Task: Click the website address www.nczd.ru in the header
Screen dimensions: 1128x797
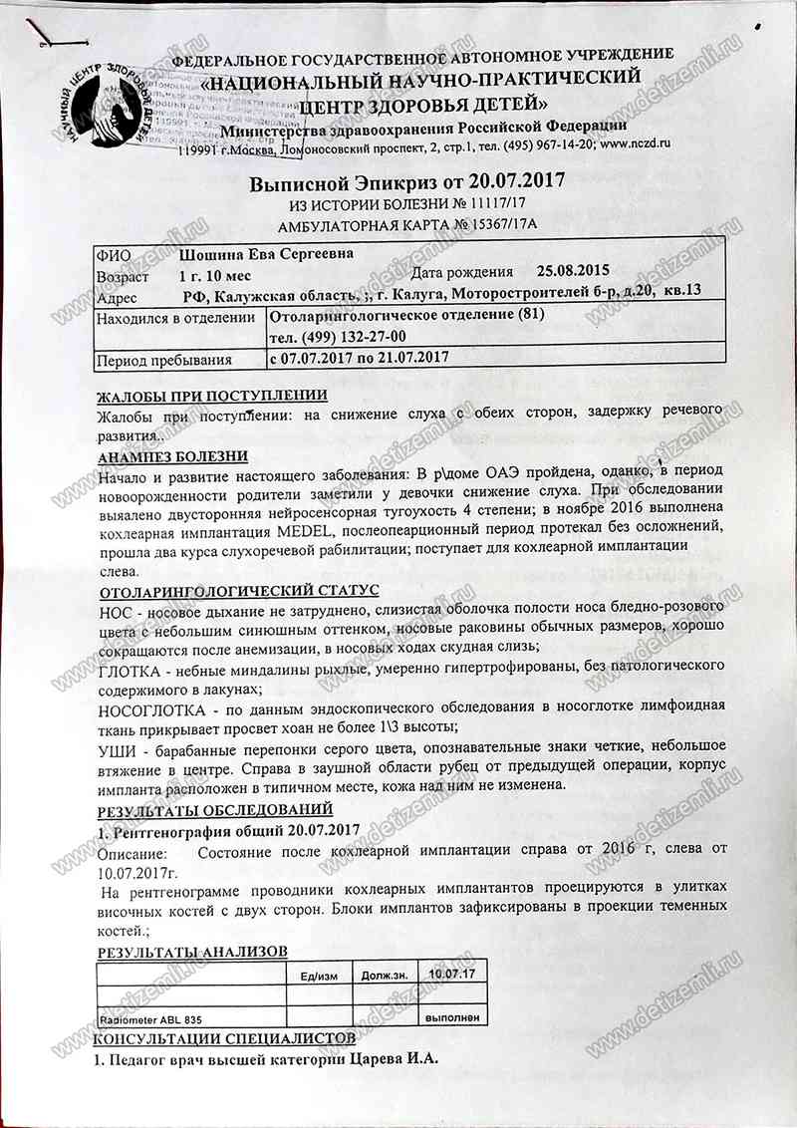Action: coord(635,143)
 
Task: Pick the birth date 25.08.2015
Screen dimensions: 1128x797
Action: coord(571,270)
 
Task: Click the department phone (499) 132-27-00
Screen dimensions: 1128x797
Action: coord(338,337)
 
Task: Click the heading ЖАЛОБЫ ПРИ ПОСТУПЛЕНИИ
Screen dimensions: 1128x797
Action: coord(212,396)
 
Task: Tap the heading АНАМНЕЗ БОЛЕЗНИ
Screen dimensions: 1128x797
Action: coord(173,456)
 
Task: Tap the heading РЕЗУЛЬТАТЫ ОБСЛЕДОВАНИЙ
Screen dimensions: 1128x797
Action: coord(215,809)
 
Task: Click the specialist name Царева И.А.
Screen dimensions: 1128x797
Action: coord(392,1059)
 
